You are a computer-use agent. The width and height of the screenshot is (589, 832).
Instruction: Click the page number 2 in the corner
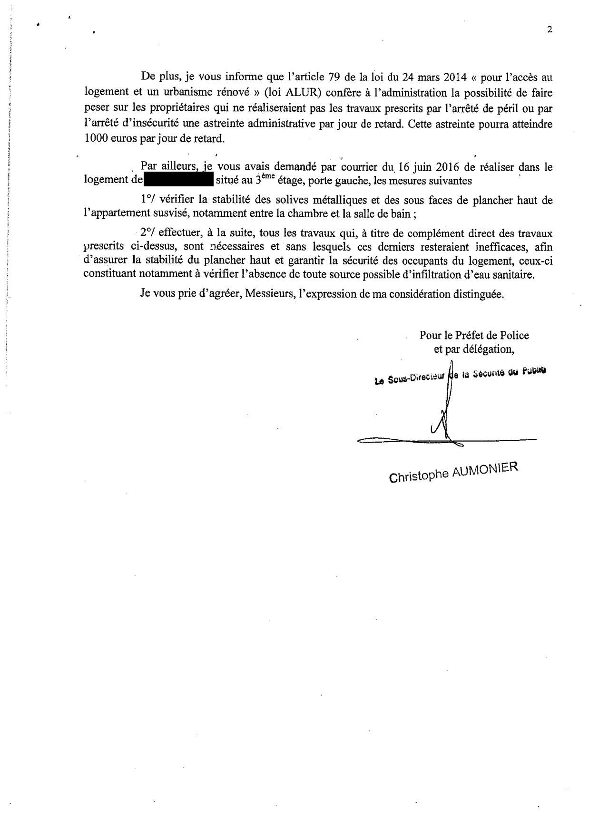pos(550,29)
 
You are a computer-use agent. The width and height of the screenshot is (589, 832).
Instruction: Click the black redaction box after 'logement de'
pos(178,181)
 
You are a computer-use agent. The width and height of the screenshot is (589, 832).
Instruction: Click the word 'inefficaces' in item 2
pos(493,247)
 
